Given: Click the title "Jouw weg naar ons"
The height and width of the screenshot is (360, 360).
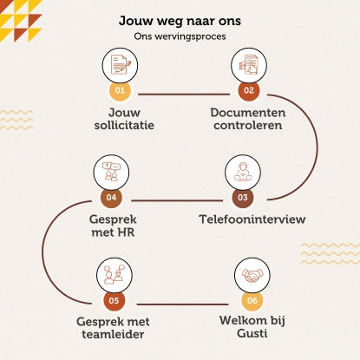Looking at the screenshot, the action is pyautogui.click(x=180, y=21).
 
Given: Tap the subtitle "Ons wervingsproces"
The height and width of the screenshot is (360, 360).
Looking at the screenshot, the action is pyautogui.click(x=180, y=36).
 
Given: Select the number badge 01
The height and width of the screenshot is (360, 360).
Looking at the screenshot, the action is pyautogui.click(x=120, y=90).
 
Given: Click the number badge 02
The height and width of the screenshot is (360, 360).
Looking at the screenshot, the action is pyautogui.click(x=249, y=90).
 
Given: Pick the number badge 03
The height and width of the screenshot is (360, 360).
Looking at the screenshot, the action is pyautogui.click(x=243, y=197).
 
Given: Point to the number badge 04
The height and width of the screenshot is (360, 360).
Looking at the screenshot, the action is pyautogui.click(x=111, y=197).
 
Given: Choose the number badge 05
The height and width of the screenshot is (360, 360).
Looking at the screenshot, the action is pyautogui.click(x=115, y=300).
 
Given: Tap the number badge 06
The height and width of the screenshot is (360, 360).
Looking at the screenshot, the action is pyautogui.click(x=252, y=300).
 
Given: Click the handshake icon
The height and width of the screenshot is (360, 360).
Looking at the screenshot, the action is pyautogui.click(x=252, y=276).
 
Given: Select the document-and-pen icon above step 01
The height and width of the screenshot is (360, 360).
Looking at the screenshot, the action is pyautogui.click(x=121, y=65).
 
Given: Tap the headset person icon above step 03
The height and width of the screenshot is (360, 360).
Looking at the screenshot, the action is pyautogui.click(x=243, y=172).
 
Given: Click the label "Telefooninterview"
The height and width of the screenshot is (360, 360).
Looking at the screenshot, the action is pyautogui.click(x=252, y=219).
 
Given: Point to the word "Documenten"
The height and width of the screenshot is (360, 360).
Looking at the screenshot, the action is pyautogui.click(x=248, y=113).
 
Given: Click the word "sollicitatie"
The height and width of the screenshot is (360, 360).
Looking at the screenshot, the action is pyautogui.click(x=124, y=125).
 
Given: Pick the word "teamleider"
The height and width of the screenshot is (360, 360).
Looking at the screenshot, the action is pyautogui.click(x=113, y=334).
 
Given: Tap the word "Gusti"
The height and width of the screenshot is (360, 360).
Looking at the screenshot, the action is pyautogui.click(x=252, y=333).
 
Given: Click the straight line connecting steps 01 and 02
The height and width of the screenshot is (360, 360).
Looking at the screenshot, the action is pyautogui.click(x=184, y=94).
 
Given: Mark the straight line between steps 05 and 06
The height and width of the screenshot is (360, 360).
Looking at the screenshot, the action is pyautogui.click(x=183, y=304).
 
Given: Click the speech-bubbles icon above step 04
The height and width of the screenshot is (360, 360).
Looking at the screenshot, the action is pyautogui.click(x=111, y=172).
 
